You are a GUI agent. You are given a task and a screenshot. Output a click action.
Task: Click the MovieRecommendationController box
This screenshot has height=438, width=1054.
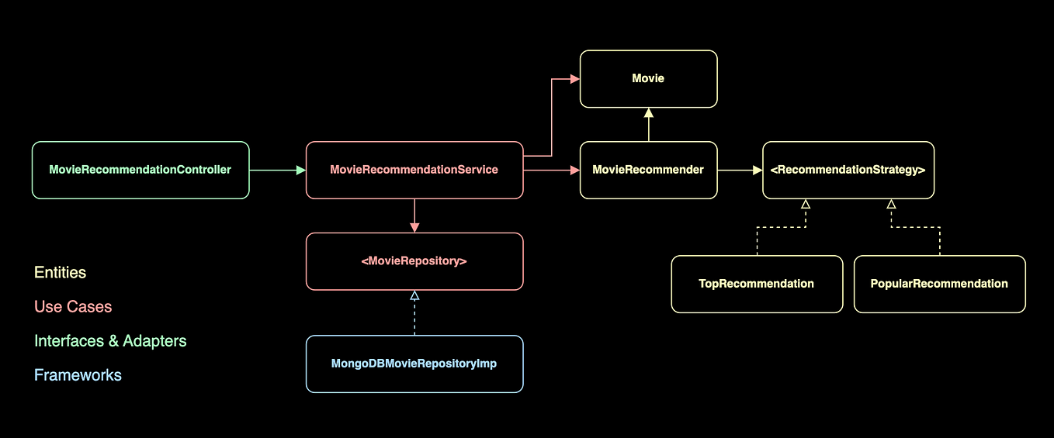pos(140,170)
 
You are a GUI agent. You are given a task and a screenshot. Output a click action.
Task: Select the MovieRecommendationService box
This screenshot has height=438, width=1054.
pos(414,170)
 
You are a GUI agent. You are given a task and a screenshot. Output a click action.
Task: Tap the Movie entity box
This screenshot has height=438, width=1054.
pos(648,79)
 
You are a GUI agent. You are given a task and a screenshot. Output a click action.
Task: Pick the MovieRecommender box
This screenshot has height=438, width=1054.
pos(648,170)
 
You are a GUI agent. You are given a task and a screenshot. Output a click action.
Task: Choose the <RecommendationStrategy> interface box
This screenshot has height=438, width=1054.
pos(848,170)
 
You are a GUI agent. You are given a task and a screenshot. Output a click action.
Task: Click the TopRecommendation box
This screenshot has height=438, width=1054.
pos(757,284)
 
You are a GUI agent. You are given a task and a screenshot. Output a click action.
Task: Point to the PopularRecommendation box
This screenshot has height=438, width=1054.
pos(939,284)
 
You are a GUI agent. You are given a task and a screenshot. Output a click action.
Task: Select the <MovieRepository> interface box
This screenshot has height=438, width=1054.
pos(414,261)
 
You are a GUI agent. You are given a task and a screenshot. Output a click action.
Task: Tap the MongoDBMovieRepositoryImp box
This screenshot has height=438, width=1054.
pos(414,364)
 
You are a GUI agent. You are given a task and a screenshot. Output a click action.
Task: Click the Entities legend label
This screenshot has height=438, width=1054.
pos(61,273)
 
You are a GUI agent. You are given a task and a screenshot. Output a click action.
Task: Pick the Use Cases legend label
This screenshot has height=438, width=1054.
pos(73,307)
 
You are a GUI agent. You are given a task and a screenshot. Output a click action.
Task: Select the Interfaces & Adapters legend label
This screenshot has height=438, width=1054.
pos(110,341)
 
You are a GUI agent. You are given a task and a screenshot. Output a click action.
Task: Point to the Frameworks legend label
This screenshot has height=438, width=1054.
pos(78,375)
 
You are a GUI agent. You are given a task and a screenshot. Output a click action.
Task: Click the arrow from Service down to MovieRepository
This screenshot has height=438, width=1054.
pos(414,216)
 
